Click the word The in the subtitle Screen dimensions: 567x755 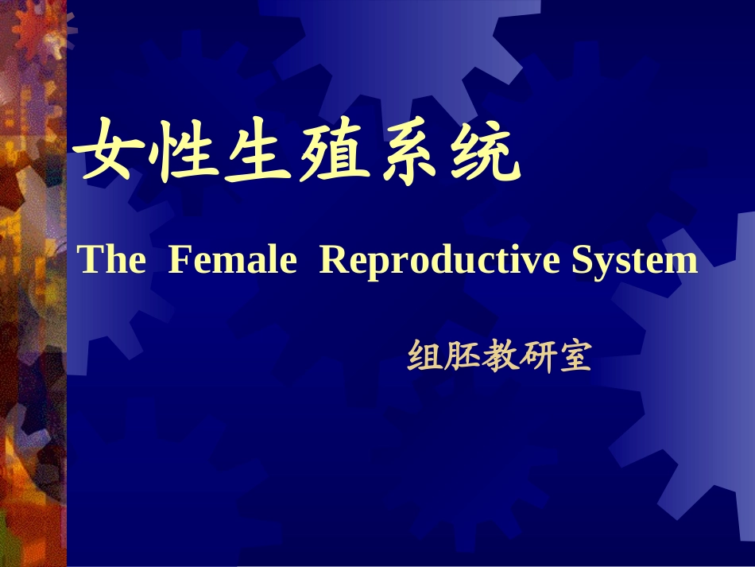112,260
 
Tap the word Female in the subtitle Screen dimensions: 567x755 233,260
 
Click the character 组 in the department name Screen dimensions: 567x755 425,358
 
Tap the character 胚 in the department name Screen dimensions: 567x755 463,358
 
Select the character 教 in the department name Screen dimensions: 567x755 499,358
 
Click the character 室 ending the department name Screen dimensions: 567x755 574,358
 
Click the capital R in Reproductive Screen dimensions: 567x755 331,260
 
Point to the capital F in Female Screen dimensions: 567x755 179,260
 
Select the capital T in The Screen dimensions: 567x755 89,260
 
